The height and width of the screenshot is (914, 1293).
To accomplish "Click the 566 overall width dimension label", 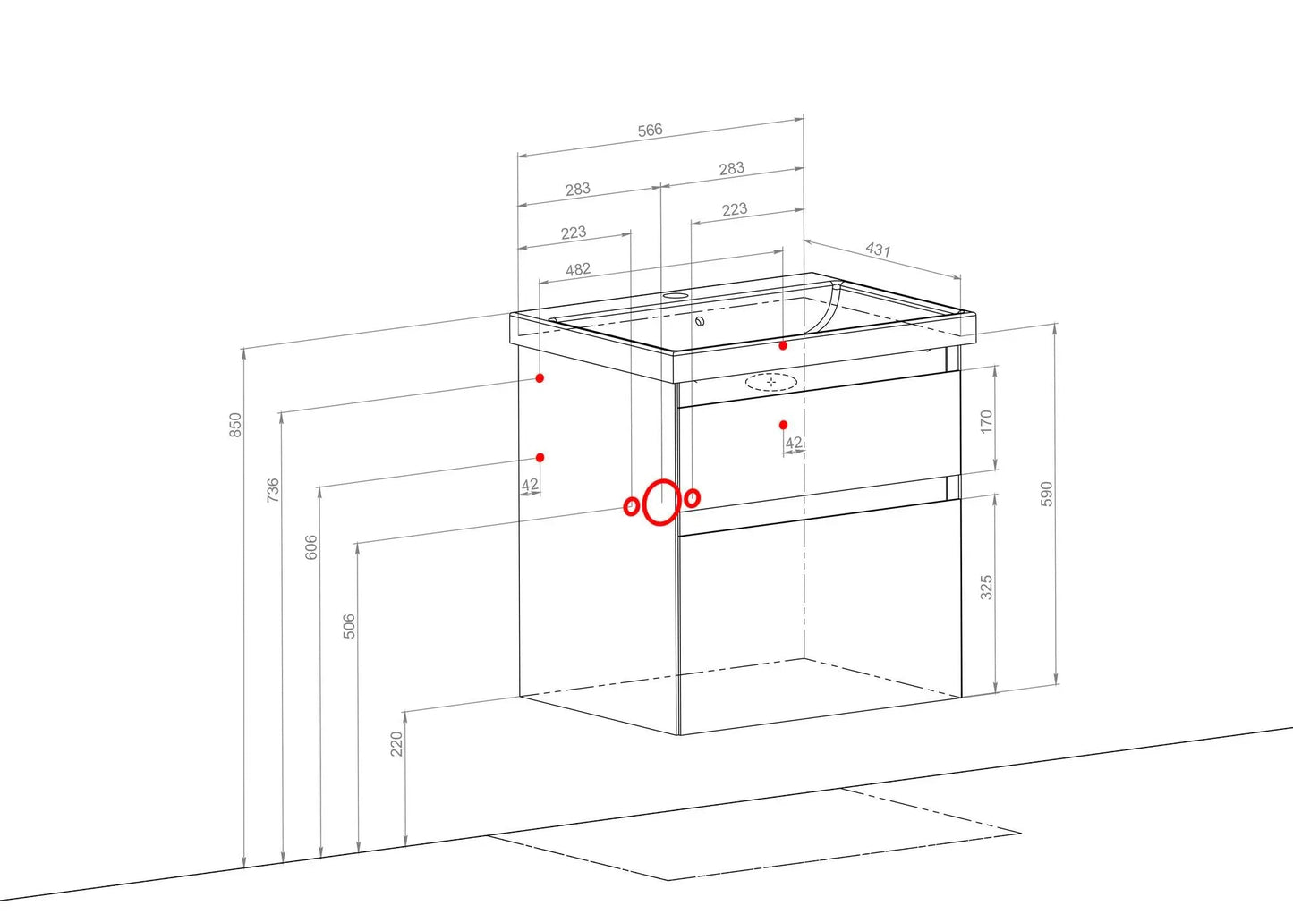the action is (650, 131).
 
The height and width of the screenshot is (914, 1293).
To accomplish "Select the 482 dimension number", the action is (578, 269).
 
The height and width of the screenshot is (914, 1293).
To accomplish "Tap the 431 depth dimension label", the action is (878, 250).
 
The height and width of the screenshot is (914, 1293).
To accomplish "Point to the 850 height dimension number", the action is (235, 425).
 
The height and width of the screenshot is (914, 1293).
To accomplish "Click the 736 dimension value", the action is (273, 490).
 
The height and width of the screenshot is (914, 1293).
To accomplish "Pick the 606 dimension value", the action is (311, 547).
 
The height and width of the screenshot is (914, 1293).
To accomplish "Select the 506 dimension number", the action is (349, 626).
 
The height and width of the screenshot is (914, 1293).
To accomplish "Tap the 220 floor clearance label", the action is (396, 744).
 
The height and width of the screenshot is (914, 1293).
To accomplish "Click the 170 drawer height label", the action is (986, 422).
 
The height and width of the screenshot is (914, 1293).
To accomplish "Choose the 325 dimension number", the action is (986, 588).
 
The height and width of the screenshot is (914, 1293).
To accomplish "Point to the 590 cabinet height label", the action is (1047, 494).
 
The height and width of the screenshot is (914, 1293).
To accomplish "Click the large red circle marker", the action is (660, 502).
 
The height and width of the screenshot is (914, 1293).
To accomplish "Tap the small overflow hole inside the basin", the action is (700, 321).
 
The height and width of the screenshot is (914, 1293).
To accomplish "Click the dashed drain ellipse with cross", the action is (771, 382).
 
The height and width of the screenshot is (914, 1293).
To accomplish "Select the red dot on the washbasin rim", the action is (783, 345).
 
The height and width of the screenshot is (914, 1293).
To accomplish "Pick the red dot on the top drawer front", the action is (783, 425).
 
